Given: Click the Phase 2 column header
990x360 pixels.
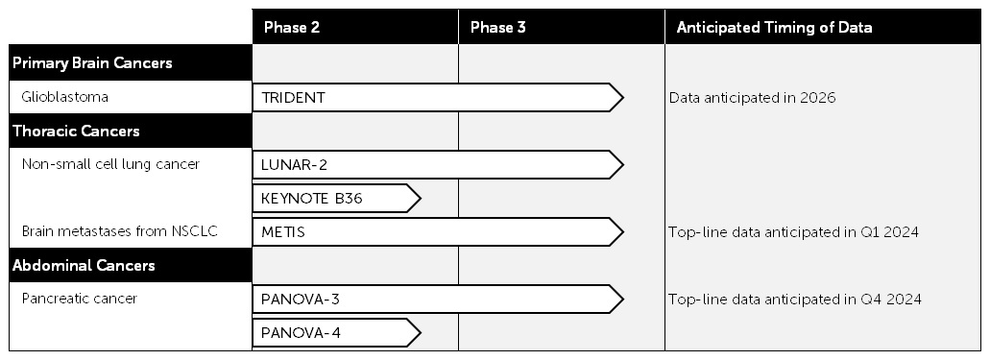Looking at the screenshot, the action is coord(291,27).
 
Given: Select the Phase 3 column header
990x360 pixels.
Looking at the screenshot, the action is coord(497,27).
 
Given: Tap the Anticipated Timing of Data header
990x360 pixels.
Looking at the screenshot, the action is coord(774,27).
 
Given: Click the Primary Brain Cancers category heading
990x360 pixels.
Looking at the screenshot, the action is coord(92,63).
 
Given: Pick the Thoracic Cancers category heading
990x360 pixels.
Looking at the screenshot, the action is coord(76,131).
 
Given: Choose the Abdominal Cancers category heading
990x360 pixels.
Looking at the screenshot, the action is coord(84,265).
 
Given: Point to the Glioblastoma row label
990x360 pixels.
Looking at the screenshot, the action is coord(64,97).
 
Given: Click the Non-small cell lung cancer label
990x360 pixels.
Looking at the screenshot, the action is coord(110,164).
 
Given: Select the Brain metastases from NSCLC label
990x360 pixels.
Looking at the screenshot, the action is coord(110,231).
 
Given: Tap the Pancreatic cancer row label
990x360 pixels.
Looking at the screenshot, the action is coord(79,299).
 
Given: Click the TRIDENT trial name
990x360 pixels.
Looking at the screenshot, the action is coord(293,98).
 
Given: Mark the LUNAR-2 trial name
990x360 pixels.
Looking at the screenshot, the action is coord(295,165).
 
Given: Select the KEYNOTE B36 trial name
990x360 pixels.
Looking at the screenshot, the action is coord(312,199).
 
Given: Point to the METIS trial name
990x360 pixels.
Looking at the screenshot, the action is coord(283,232).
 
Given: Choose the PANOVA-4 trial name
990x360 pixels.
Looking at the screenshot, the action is coord(301,333).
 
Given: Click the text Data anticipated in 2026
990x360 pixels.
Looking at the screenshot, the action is coord(752,98).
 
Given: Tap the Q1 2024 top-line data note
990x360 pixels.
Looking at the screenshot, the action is coord(794,232).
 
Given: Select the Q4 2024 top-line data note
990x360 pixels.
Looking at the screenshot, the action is coord(795,300).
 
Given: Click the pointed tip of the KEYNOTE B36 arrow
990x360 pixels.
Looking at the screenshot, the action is coord(420,199).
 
